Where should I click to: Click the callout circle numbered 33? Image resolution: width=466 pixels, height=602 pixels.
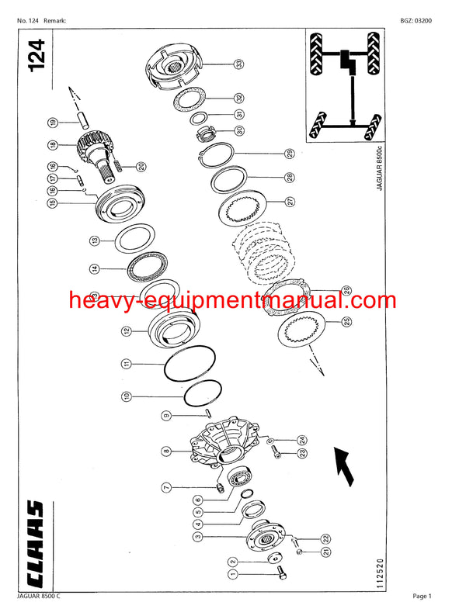(240, 64)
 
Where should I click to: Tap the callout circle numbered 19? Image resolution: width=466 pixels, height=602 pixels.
(52, 123)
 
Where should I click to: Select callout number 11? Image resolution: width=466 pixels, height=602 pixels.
(126, 363)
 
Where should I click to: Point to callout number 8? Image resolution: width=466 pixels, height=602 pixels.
(166, 451)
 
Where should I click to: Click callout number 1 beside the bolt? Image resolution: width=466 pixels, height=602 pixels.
(231, 575)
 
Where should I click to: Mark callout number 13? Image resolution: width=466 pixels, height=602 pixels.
(94, 241)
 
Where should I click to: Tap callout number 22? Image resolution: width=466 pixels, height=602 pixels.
(326, 538)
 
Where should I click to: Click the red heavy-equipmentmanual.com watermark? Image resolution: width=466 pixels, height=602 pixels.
(231, 301)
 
